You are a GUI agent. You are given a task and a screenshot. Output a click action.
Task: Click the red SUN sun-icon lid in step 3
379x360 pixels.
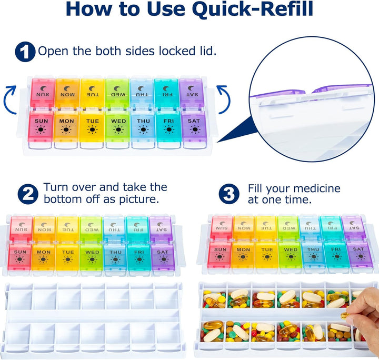point(220,253)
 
